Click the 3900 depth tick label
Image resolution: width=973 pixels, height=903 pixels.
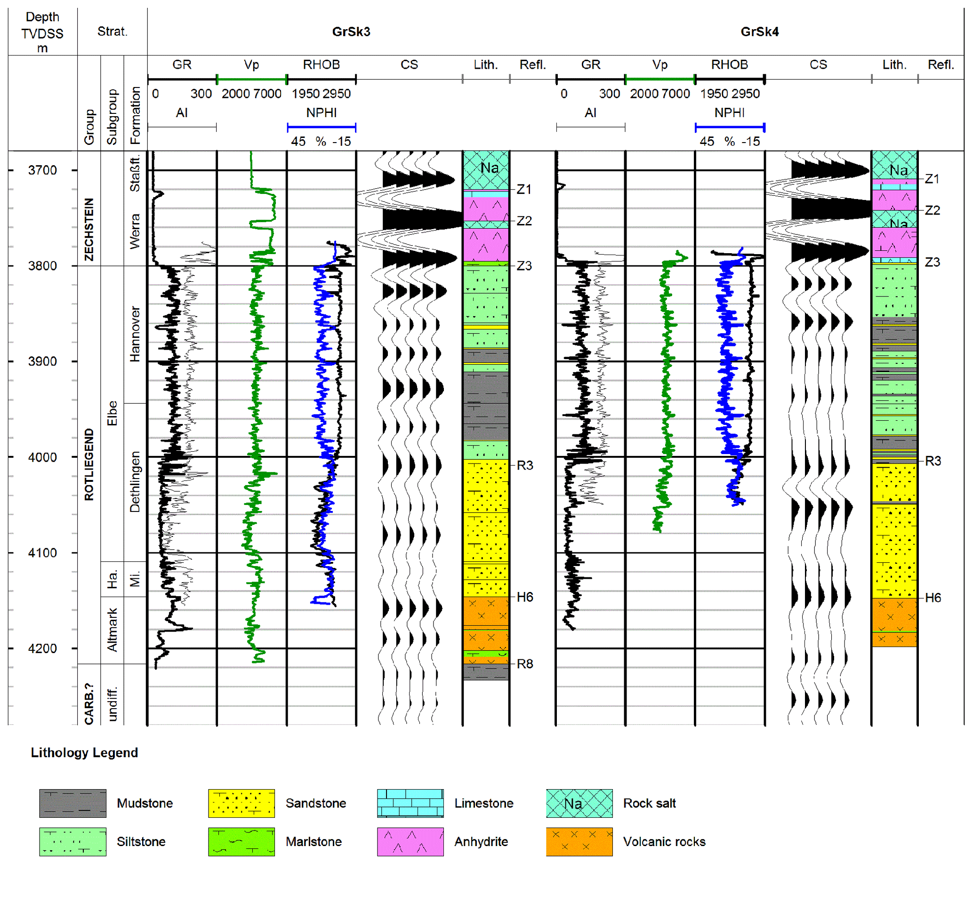point(42,361)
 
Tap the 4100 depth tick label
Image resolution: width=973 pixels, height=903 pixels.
point(42,553)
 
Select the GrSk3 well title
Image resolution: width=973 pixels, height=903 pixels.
point(351,32)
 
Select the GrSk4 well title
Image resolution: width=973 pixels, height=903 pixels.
point(759,32)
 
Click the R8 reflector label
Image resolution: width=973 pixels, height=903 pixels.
point(525,664)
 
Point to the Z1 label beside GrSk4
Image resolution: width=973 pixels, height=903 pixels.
point(932,179)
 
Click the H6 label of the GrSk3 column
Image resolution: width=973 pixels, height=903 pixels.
point(525,597)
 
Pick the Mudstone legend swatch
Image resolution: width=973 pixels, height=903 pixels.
point(73,803)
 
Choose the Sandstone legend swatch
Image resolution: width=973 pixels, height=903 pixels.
point(241,803)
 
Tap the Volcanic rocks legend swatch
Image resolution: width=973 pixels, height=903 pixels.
point(579,842)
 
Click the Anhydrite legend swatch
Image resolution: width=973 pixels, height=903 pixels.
point(410,842)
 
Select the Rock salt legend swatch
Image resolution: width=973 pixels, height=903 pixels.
point(579,803)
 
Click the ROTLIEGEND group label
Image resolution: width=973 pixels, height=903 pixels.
point(89,464)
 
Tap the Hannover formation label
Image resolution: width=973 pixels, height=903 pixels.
point(135,334)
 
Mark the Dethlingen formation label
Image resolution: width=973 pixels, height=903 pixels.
point(135,482)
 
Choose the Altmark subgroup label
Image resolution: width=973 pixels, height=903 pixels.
point(113,630)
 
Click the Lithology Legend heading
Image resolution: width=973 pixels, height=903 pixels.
point(84,752)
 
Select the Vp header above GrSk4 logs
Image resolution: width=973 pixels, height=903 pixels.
point(660,64)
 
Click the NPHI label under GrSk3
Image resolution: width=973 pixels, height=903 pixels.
point(321,113)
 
